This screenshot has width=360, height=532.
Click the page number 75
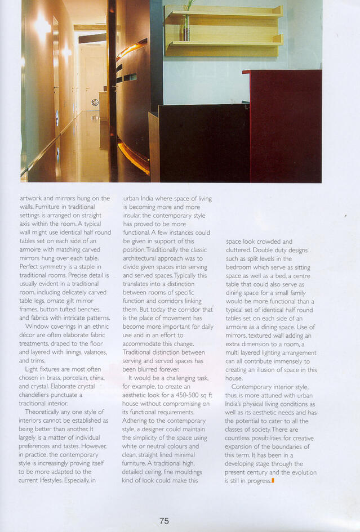pyautogui.click(x=164, y=521)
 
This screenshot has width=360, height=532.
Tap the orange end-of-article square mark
pyautogui.click(x=273, y=481)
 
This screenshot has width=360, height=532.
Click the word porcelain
pyautogui.click(x=73, y=378)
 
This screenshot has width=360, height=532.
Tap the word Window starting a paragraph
pyautogui.click(x=37, y=325)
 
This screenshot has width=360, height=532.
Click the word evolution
pyautogui.click(x=299, y=472)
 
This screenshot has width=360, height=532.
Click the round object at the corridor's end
pyautogui.click(x=95, y=102)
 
